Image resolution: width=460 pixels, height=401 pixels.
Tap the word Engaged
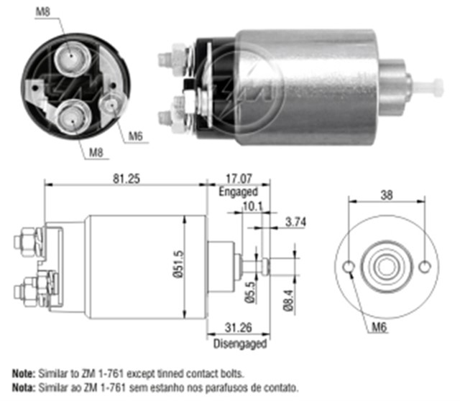238,192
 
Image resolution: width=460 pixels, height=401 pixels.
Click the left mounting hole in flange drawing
349,268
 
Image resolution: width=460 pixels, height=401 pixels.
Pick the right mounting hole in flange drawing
425,268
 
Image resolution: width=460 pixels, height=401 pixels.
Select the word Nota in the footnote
25,387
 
